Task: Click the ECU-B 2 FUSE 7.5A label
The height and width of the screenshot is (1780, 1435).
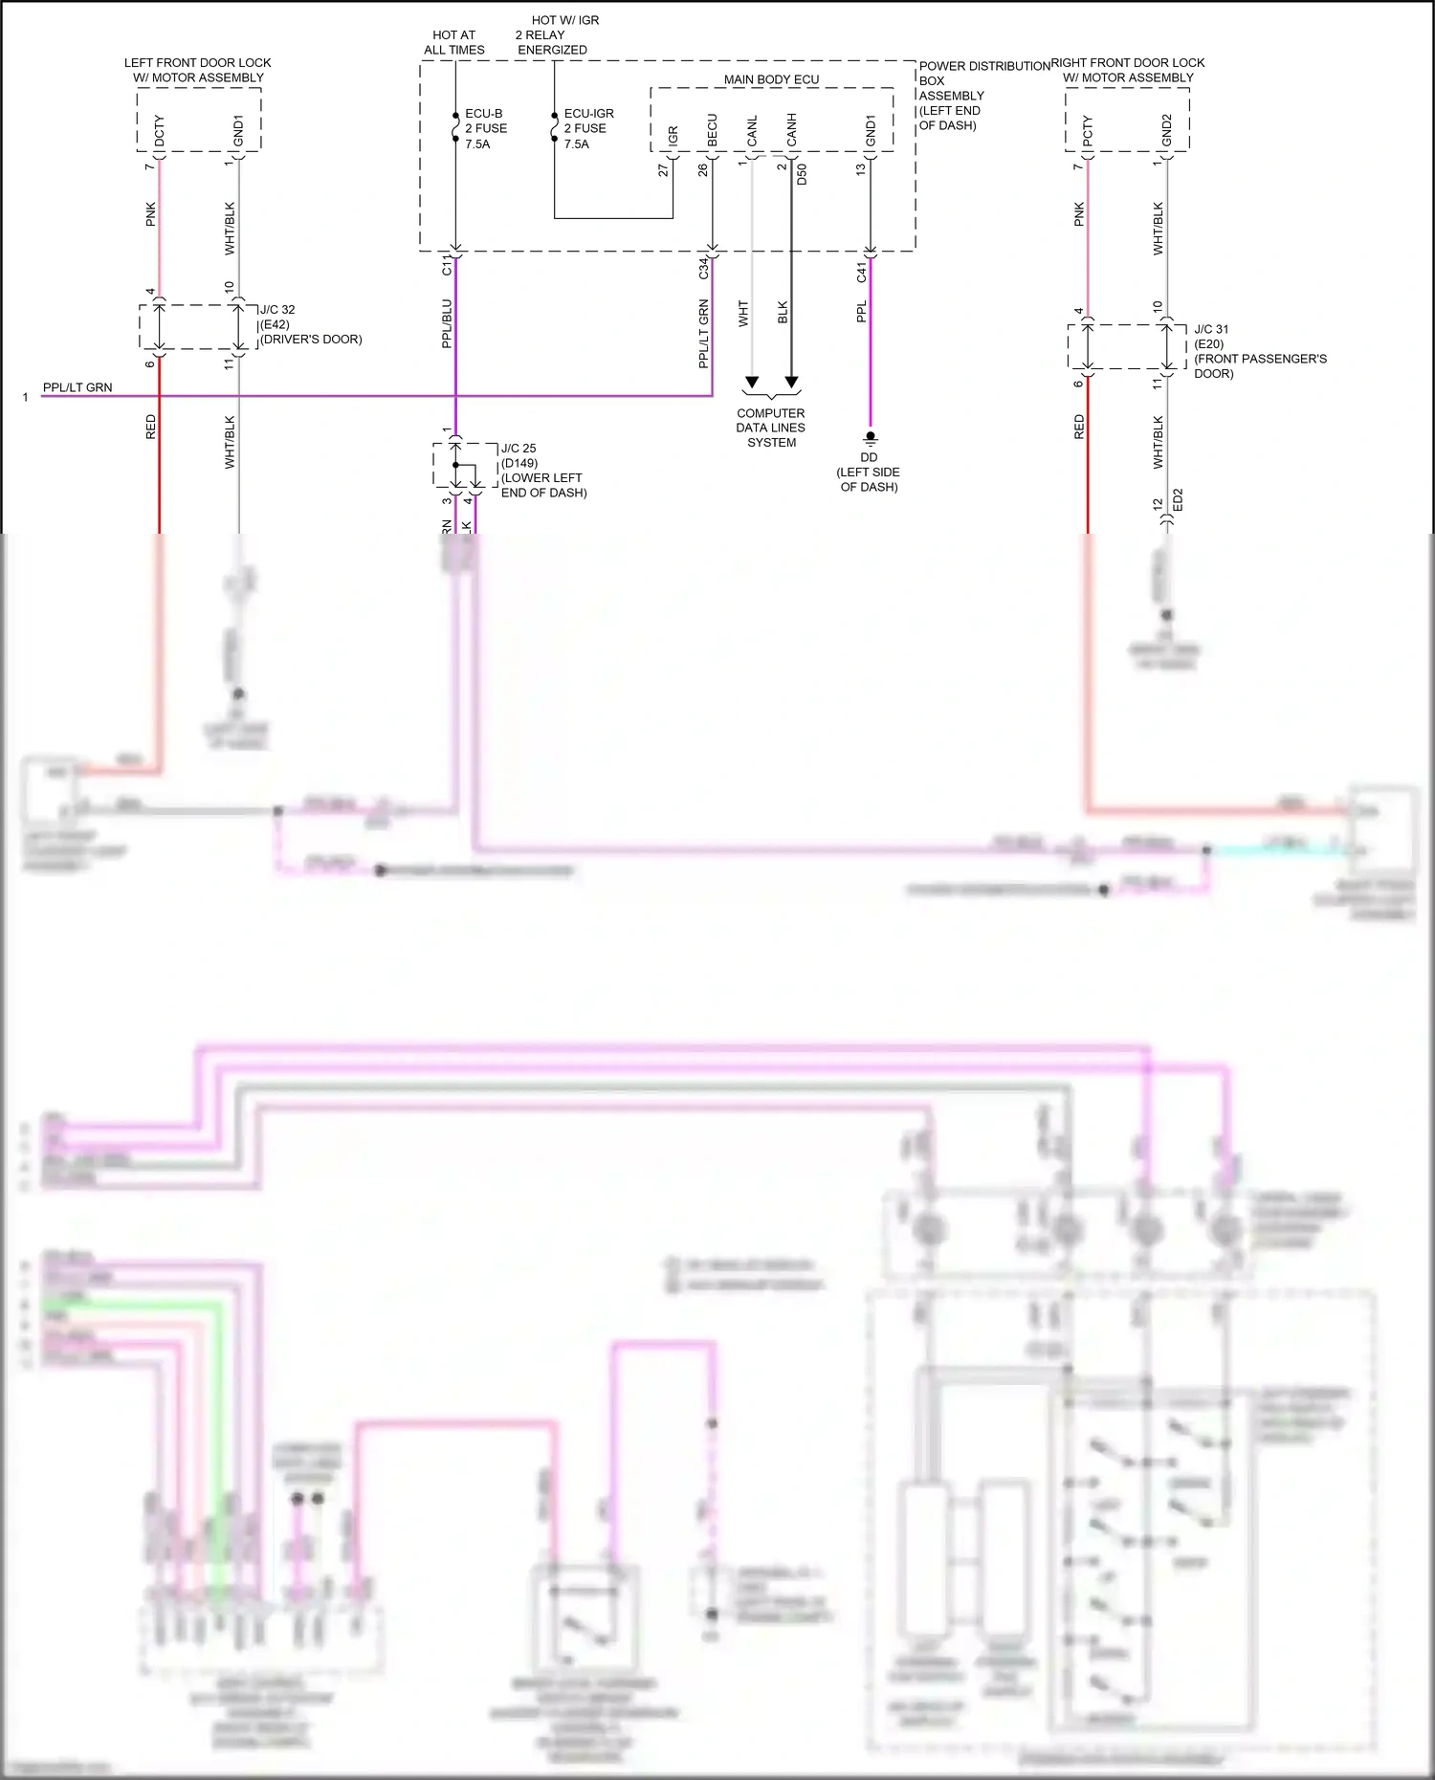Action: (x=485, y=128)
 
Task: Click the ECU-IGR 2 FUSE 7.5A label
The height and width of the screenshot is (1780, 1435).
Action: (x=587, y=128)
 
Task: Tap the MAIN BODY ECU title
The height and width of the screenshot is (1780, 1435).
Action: (x=771, y=79)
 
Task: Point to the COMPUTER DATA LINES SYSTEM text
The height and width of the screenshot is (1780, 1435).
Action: (x=771, y=428)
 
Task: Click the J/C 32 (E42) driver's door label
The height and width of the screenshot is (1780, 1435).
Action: (x=310, y=324)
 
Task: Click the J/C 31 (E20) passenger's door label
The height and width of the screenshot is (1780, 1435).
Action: (x=1259, y=351)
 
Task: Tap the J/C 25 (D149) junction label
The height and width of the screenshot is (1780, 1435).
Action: (x=542, y=470)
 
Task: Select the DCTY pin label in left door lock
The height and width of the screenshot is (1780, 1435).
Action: (x=160, y=131)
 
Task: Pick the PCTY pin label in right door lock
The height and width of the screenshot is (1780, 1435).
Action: (x=1088, y=131)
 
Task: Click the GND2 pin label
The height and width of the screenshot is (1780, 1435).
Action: (x=1166, y=131)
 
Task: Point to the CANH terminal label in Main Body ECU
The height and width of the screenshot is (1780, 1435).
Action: (x=792, y=130)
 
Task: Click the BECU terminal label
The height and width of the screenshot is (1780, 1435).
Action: (x=713, y=131)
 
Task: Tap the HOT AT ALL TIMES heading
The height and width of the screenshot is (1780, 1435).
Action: (x=454, y=42)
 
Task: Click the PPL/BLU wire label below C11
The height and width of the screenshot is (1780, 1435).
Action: (x=447, y=323)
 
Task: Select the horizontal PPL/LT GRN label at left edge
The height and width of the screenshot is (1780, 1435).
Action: (x=77, y=387)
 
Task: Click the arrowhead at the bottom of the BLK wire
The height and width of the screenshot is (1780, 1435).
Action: (x=791, y=383)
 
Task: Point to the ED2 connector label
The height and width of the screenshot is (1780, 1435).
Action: (x=1178, y=499)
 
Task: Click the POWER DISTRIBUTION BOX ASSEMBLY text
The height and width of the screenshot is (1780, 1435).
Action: (x=983, y=95)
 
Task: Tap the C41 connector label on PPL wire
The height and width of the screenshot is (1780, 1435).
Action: (x=862, y=272)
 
